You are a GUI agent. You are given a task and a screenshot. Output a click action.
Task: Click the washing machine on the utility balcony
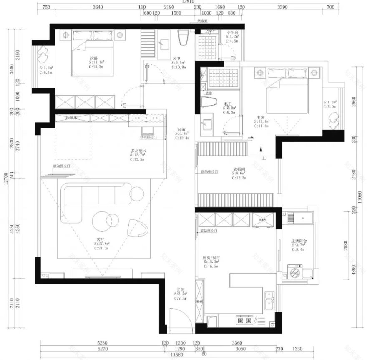[x=295, y=274]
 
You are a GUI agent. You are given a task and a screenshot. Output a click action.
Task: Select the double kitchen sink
[x=269, y=302]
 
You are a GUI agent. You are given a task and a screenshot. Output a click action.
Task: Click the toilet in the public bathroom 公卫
[x=183, y=38]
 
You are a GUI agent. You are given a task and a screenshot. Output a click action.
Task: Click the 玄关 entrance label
[x=180, y=290]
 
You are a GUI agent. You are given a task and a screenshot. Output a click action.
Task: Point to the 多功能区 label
[x=138, y=151]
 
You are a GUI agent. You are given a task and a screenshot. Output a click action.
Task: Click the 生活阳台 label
[x=299, y=241]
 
